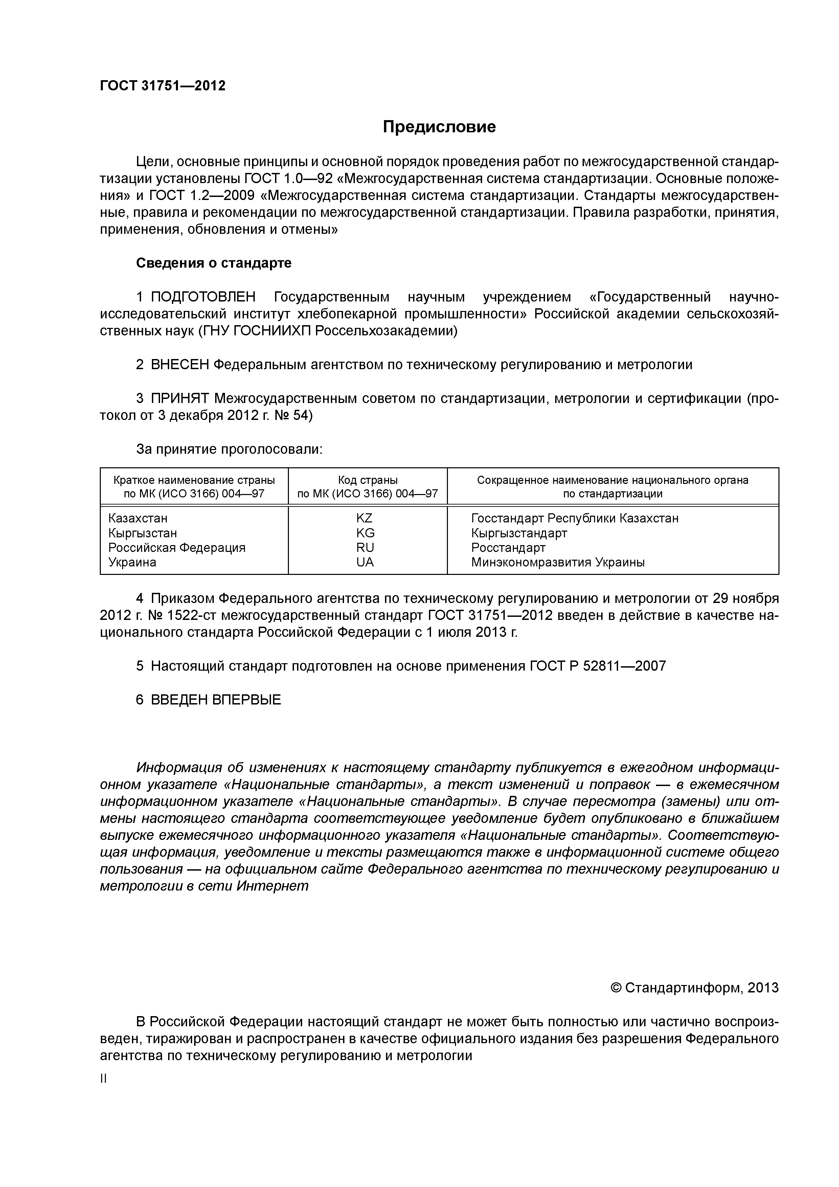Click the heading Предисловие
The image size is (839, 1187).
click(x=439, y=127)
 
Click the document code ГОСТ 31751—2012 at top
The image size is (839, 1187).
click(x=162, y=86)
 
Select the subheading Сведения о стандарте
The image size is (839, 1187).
click(x=213, y=263)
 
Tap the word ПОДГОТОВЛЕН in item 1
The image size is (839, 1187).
click(x=203, y=297)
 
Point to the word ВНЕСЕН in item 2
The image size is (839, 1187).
click(x=180, y=365)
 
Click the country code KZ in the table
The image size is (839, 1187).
click(x=364, y=518)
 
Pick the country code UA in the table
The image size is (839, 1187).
click(x=364, y=562)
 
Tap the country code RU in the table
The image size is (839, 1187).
click(x=364, y=547)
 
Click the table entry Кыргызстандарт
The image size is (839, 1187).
click(x=519, y=533)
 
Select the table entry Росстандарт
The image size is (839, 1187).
click(x=508, y=547)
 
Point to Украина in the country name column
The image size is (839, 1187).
click(x=132, y=562)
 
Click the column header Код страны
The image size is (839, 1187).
click(x=367, y=480)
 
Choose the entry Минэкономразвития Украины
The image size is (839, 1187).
click(x=557, y=562)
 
